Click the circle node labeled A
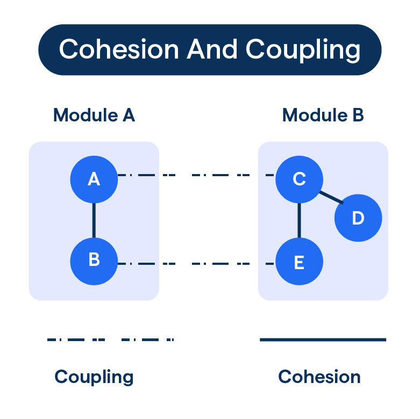[94, 179]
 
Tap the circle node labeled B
[94, 261]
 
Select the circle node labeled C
[299, 179]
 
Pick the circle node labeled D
[358, 219]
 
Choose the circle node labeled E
[299, 262]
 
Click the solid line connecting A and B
[94, 220]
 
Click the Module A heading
[94, 115]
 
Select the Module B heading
[323, 115]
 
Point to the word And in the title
[212, 49]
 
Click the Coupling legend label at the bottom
[94, 377]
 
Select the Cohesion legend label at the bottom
[319, 377]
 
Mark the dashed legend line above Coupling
[110, 339]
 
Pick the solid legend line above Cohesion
[323, 339]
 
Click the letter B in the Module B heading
[358, 115]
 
